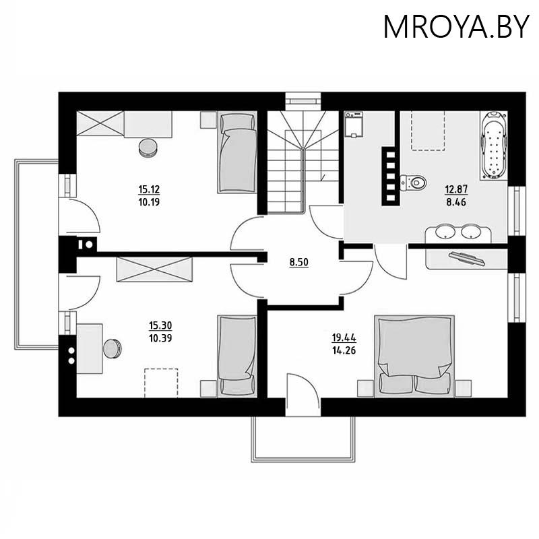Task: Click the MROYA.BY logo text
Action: coord(457,26)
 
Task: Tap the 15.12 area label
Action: coord(150,189)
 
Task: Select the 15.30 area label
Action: coord(159,325)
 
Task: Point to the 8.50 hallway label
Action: coord(298,262)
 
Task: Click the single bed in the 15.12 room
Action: coord(236,153)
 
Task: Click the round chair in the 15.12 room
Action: coord(148,146)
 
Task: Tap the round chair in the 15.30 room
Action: coord(112,348)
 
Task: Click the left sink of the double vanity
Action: coord(443,232)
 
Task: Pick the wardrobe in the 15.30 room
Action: coord(154,270)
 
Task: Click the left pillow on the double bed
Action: coord(391,383)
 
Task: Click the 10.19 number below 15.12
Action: coord(150,201)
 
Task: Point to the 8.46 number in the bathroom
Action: coord(455,201)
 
